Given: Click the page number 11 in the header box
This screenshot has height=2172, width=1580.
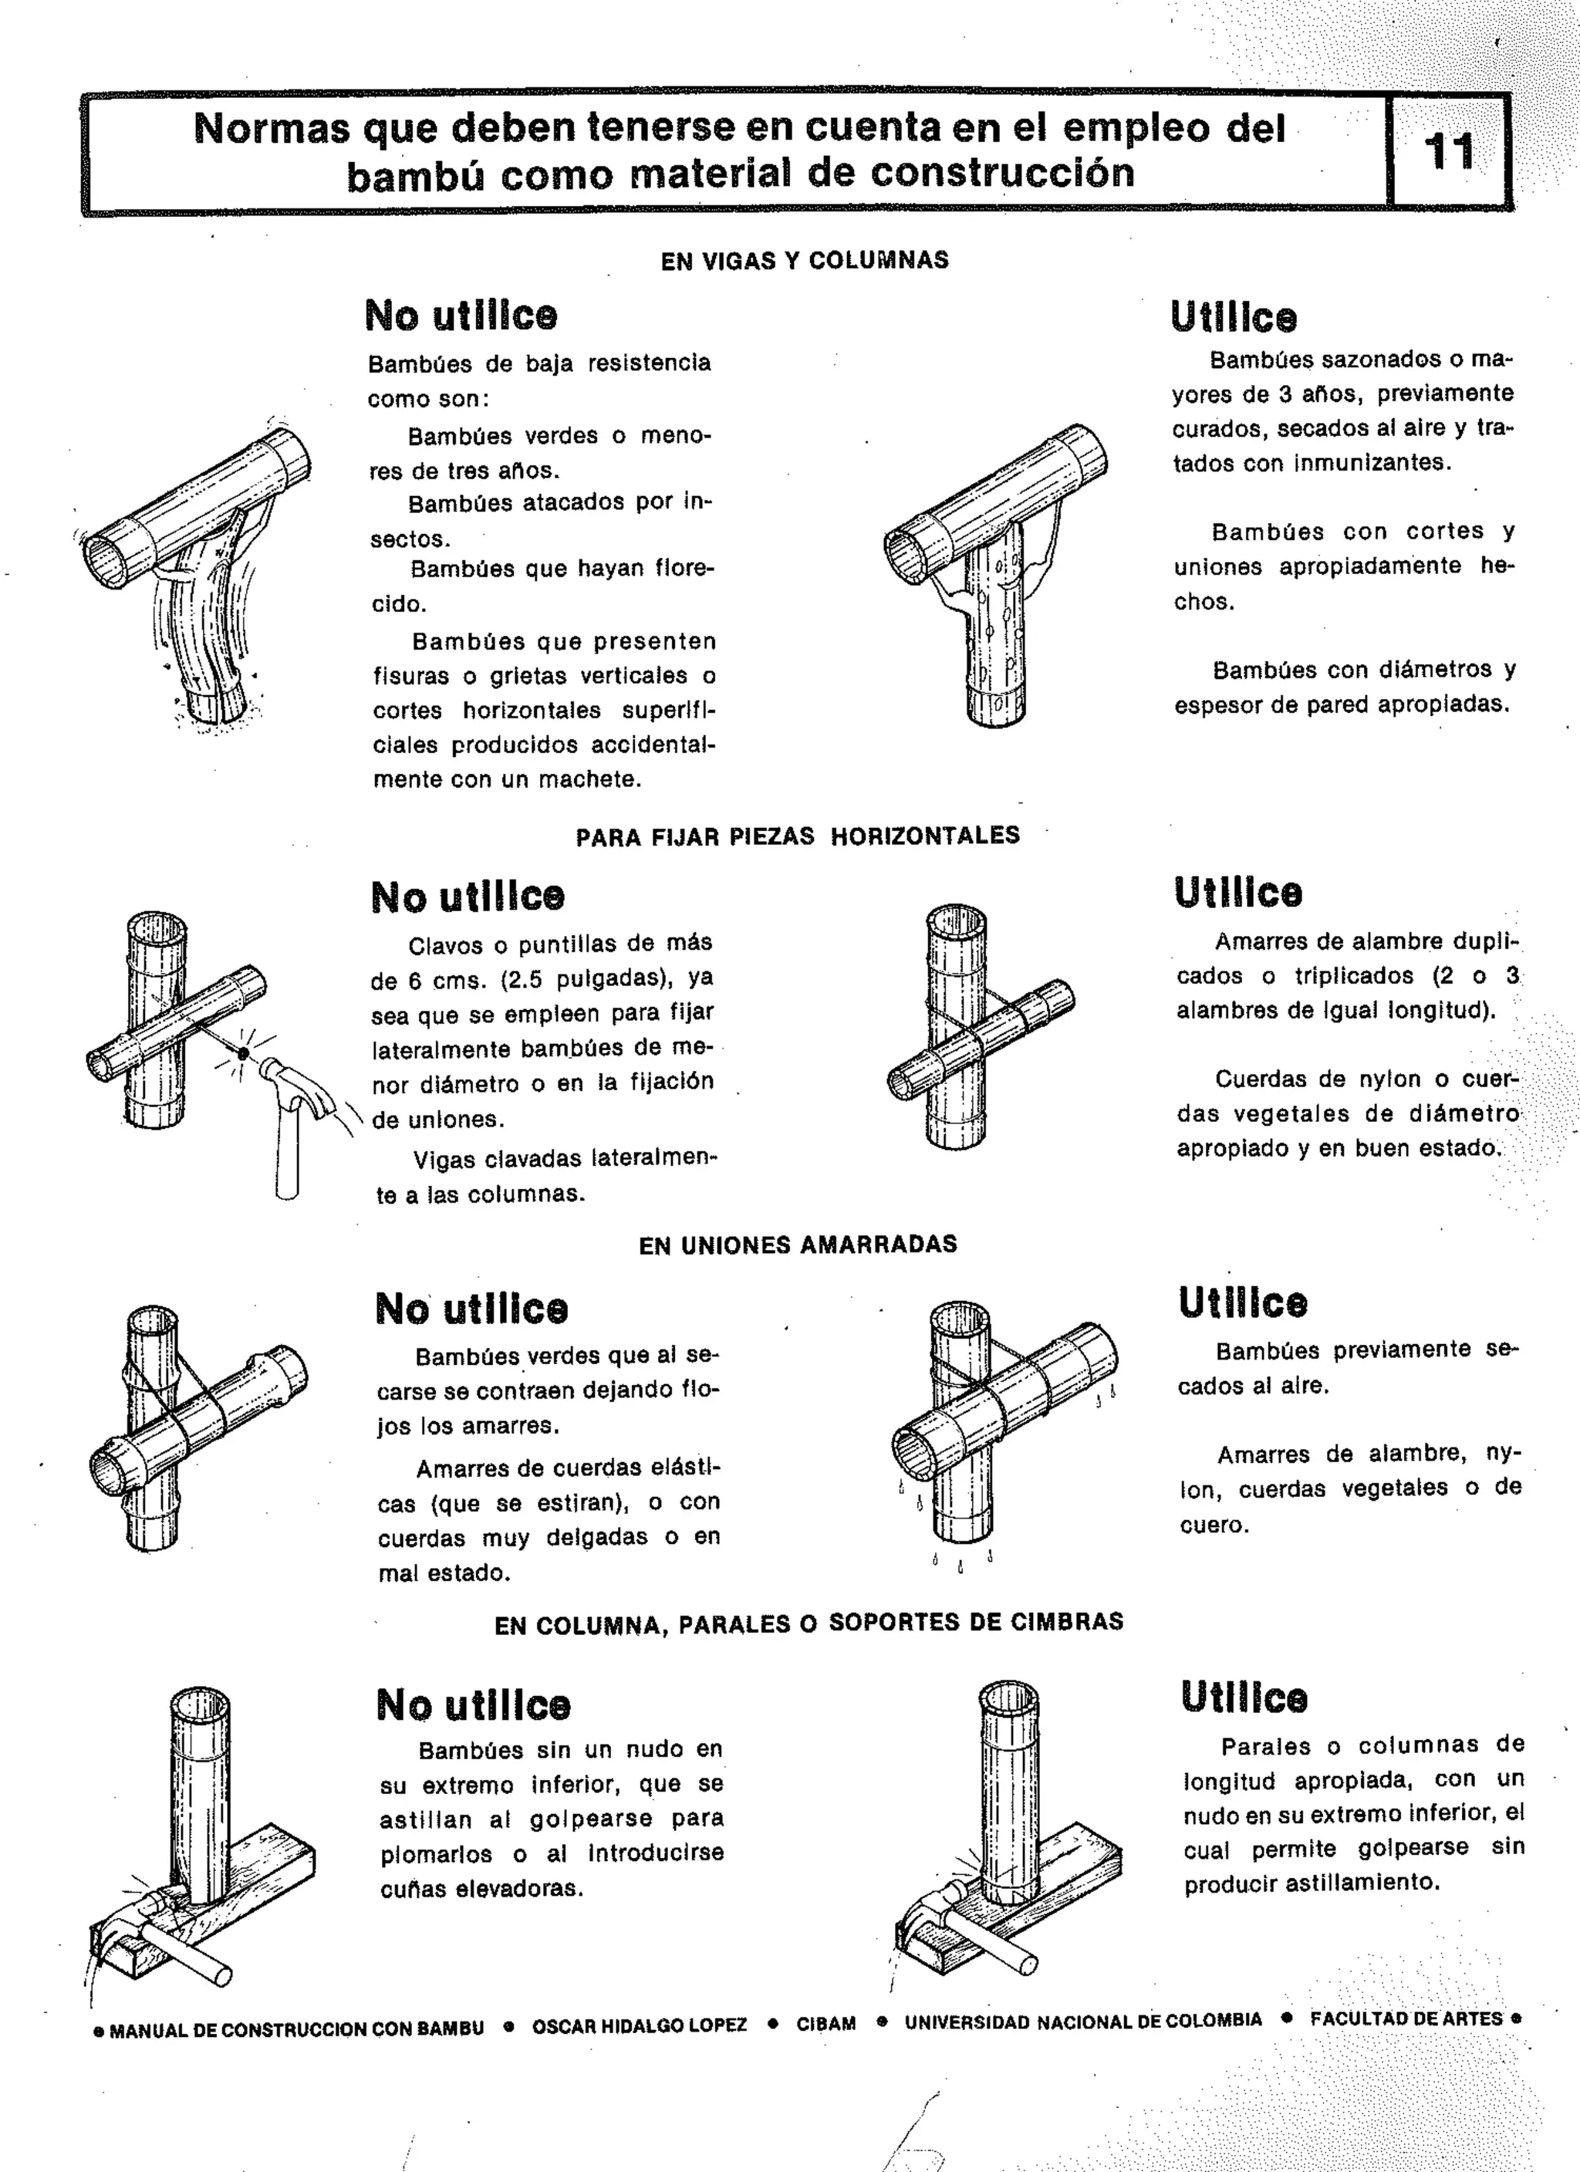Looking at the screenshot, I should point(1450,152).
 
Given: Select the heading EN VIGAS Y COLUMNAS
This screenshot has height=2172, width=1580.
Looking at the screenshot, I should point(805,261).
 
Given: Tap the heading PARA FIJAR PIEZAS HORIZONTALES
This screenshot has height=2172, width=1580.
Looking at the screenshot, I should point(798,836).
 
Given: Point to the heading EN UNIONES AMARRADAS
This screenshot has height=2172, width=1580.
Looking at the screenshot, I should point(798,1245).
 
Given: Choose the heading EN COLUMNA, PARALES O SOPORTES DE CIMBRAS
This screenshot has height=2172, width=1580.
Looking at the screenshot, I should point(809,1623).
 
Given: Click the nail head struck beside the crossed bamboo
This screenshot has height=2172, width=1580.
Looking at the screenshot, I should point(243,1053).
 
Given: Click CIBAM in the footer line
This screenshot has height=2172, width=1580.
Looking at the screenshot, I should point(825,2025).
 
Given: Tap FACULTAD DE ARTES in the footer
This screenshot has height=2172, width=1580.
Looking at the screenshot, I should point(1406,2018).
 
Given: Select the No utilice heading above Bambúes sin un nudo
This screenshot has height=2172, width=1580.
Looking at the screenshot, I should point(473,1706).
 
